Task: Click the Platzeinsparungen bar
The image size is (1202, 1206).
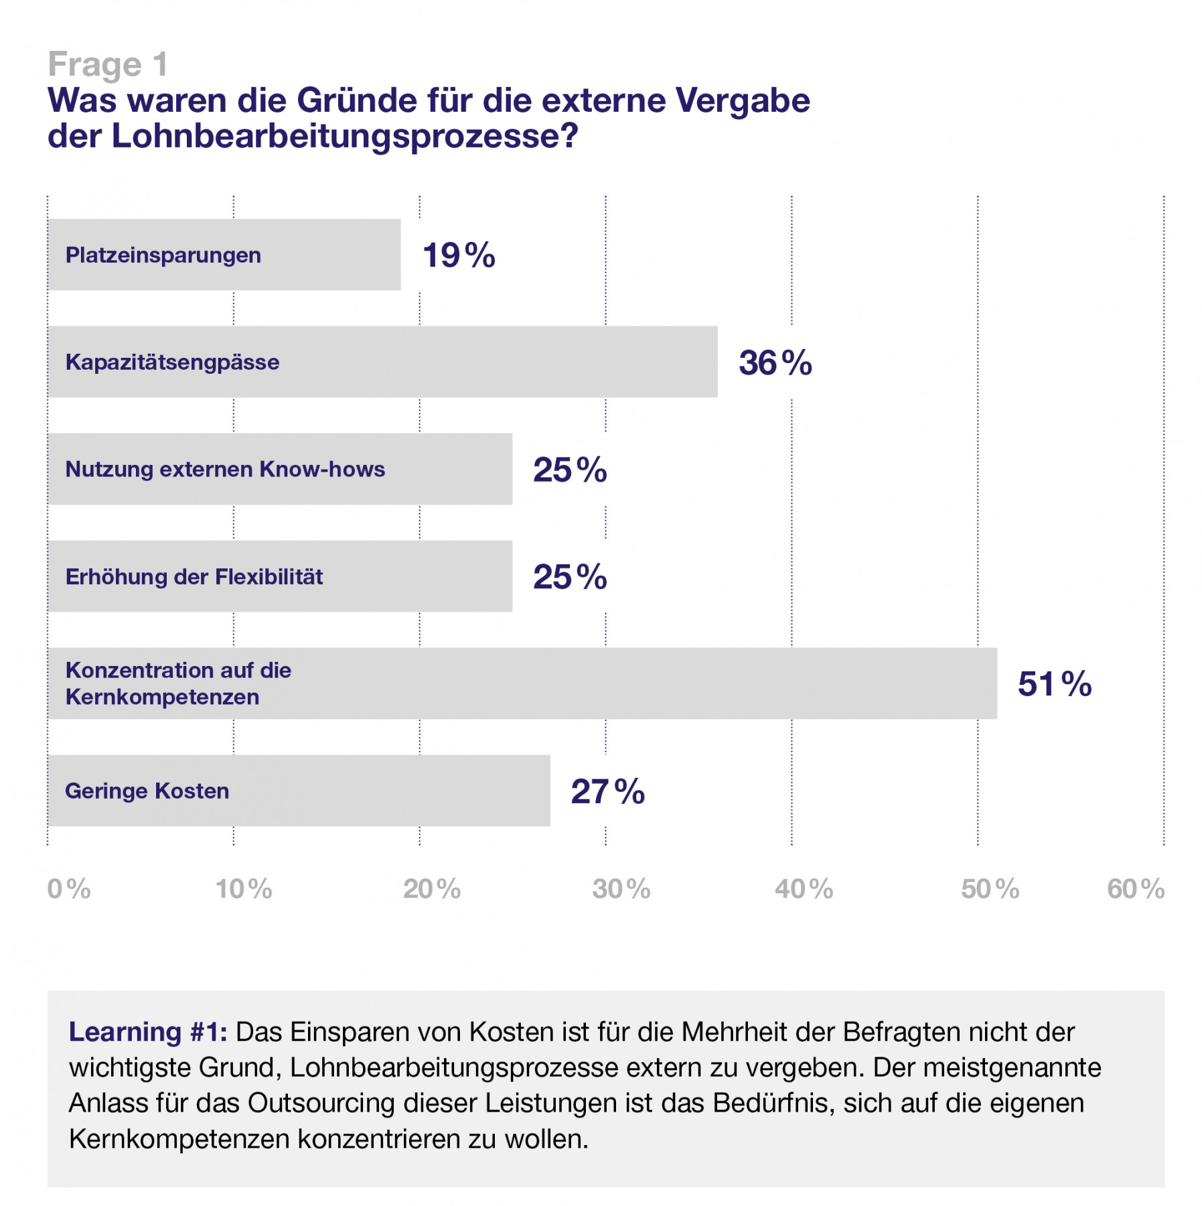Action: click(224, 255)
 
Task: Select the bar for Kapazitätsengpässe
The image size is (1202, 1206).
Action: click(382, 362)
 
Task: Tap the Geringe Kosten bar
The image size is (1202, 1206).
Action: click(299, 791)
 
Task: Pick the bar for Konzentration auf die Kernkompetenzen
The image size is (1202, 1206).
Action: click(522, 683)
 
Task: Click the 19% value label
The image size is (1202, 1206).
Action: click(459, 255)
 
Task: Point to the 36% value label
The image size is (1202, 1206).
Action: click(775, 362)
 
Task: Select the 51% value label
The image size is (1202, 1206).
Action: click(1054, 684)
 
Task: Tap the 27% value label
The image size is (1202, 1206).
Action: click(607, 791)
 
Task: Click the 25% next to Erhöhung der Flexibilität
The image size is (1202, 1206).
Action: click(569, 577)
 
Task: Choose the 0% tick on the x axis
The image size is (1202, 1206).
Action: click(68, 889)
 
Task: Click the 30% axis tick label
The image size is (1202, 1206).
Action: click(621, 889)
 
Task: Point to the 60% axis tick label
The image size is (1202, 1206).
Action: click(1136, 889)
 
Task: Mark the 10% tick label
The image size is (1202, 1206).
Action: click(244, 889)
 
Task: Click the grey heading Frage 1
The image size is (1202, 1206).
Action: click(107, 64)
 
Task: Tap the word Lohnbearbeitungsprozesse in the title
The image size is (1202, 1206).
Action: click(344, 136)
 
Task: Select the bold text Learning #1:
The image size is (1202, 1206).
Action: click(148, 1032)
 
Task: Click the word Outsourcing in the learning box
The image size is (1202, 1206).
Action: click(321, 1103)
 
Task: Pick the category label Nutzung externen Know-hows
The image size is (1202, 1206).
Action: click(225, 469)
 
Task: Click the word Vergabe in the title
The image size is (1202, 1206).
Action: click(743, 100)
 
